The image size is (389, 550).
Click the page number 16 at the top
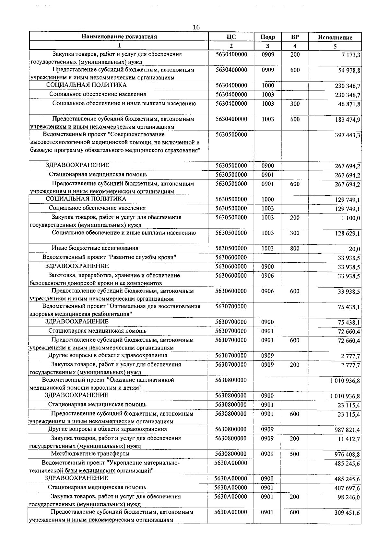pos(196,27)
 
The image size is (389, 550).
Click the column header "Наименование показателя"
pos(119,37)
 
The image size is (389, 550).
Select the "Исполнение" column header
pos(335,38)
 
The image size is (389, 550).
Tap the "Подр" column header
pos(268,37)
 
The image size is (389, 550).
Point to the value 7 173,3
pos(350,55)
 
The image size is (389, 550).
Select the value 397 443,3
pos(348,135)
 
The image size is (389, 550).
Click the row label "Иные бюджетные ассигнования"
pos(95,248)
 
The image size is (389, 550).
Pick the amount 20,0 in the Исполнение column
pos(354,249)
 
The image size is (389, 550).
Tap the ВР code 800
pos(295,249)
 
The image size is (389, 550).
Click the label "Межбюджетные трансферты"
pos(90,453)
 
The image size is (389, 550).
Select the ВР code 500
pos(294,454)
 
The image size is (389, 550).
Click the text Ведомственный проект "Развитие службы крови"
pos(109,257)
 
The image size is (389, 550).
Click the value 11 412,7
pos(348,439)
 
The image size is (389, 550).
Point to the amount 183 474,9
pos(348,120)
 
